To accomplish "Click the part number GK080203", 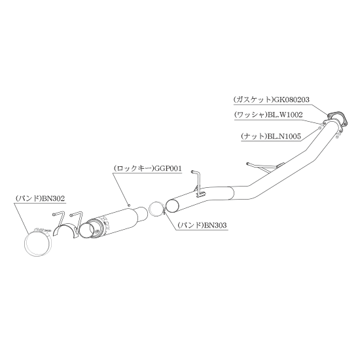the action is coord(291,99).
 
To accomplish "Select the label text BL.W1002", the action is coord(285,115).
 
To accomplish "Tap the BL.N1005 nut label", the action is coord(284,136).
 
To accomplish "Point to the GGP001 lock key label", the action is coord(168,168).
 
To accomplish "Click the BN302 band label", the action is coord(53,198).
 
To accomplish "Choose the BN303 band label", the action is coord(215,225).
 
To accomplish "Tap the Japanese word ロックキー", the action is coord(134,168).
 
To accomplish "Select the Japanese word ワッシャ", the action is coord(251,115).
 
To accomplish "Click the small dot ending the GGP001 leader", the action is coord(129,206).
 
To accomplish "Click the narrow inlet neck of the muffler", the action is coord(143,213).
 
